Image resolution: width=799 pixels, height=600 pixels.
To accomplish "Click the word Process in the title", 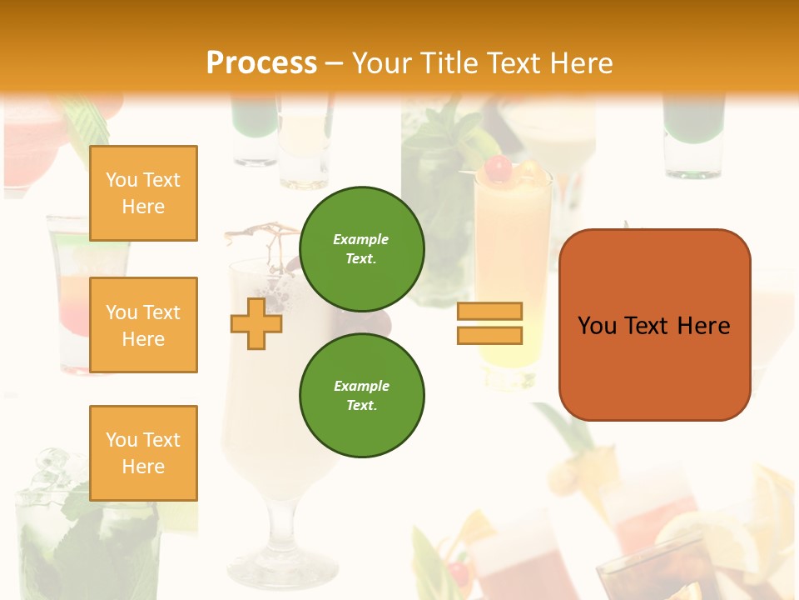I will [261, 63].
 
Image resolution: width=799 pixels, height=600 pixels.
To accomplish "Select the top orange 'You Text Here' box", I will [143, 193].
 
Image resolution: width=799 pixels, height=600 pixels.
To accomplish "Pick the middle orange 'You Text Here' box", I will [143, 325].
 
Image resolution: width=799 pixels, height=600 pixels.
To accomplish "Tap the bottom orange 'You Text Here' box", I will [143, 453].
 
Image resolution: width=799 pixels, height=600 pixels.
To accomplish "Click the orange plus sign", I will [256, 322].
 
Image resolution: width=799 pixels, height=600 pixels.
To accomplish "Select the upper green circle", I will [362, 248].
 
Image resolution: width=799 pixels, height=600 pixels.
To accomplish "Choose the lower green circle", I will [362, 395].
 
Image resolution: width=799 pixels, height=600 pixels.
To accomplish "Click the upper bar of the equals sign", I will [489, 311].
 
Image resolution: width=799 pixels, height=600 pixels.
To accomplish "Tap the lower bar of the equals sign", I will [489, 335].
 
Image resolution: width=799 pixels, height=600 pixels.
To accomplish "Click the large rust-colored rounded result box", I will [654, 367].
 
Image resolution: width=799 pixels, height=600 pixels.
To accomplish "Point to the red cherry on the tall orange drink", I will [498, 169].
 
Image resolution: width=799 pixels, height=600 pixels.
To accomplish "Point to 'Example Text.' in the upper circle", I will [361, 248].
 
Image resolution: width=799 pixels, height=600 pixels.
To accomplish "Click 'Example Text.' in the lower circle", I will [361, 395].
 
